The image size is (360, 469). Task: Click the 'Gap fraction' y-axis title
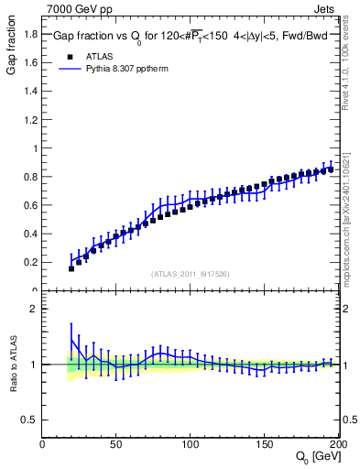click(12, 48)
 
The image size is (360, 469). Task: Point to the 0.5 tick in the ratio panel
click(30, 420)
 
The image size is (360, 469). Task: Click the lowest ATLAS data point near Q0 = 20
click(71, 268)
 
